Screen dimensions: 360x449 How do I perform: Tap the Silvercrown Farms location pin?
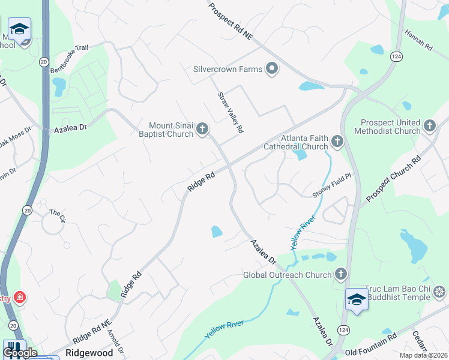pyautogui.click(x=272, y=69)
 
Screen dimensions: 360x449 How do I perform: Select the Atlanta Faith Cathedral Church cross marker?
pyautogui.click(x=337, y=142)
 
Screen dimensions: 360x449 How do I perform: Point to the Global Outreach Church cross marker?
pyautogui.click(x=341, y=275)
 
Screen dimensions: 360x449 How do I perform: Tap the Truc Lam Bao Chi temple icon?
pyautogui.click(x=440, y=292)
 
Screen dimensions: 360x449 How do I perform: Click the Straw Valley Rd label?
pyautogui.click(x=231, y=112)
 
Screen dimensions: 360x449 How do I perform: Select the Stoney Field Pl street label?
pyautogui.click(x=330, y=186)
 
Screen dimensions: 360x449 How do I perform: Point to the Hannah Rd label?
pyautogui.click(x=418, y=40)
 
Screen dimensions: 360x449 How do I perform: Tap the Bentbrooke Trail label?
pyautogui.click(x=69, y=58)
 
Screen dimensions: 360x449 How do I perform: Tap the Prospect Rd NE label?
pyautogui.click(x=231, y=21)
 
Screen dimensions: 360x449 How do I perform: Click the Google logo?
pyautogui.click(x=20, y=353)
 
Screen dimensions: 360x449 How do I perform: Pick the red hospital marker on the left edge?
pyautogui.click(x=19, y=297)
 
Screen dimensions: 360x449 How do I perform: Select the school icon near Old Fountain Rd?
pyautogui.click(x=357, y=299)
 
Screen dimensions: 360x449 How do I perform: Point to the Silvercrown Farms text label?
pyautogui.click(x=228, y=69)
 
